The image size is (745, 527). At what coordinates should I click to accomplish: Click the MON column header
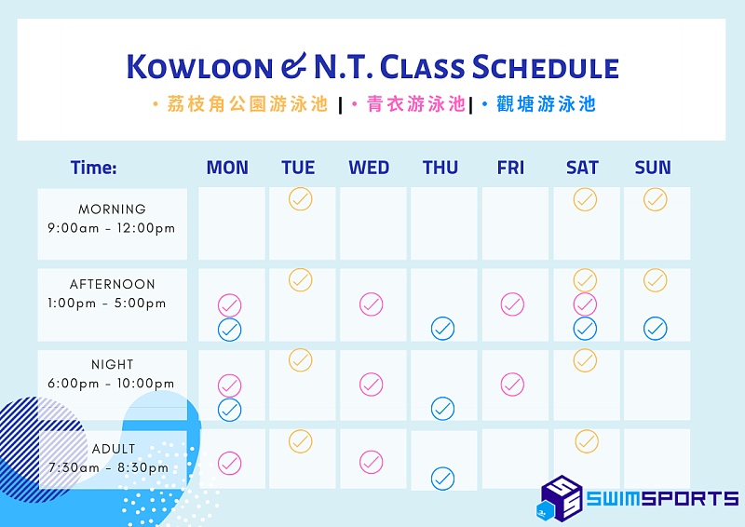227,168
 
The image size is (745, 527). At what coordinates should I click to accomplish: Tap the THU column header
440,168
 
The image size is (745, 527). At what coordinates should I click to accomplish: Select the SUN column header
653,168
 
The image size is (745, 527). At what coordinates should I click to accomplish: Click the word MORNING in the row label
112,209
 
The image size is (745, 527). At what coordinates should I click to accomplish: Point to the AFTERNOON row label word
112,284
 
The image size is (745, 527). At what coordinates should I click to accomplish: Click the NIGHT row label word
112,364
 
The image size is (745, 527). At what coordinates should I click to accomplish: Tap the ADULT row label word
113,449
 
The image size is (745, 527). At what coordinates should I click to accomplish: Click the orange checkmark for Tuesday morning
300,199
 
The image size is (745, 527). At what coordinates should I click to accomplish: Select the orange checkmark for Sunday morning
656,199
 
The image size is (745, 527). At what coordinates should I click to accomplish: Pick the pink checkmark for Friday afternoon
512,304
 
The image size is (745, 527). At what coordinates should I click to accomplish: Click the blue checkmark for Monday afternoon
229,330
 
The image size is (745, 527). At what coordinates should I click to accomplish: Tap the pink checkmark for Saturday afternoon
585,304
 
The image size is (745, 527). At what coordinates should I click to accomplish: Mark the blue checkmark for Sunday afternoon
656,329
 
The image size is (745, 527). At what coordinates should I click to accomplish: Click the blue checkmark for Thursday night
443,409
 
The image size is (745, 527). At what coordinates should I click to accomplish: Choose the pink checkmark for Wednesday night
371,385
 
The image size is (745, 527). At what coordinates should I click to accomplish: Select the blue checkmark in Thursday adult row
443,479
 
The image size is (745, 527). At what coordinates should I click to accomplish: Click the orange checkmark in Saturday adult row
587,441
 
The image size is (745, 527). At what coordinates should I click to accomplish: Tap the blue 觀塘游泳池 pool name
546,104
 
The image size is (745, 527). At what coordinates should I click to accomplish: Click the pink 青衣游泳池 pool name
415,104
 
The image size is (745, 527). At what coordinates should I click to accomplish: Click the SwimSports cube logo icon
561,498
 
